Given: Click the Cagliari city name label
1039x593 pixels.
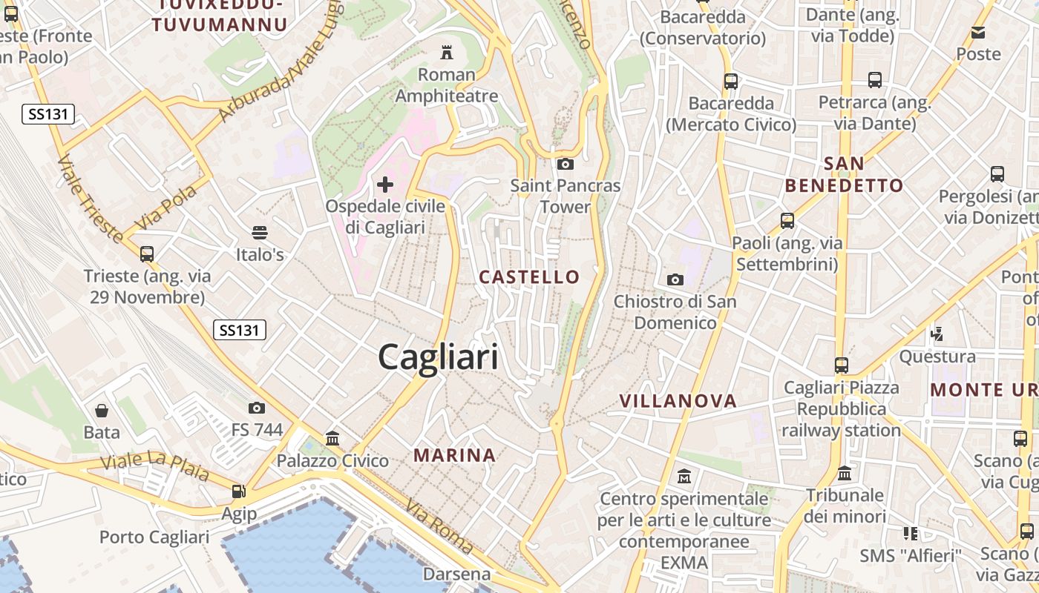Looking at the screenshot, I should point(438,358).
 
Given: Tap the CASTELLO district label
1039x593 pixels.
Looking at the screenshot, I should point(529,277).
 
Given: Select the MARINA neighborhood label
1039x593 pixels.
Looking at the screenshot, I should point(454,455).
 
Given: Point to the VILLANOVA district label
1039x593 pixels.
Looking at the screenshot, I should point(678,401).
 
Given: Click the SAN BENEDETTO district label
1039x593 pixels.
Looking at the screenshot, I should point(844,174).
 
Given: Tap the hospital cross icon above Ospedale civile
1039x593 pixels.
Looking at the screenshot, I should point(385,184).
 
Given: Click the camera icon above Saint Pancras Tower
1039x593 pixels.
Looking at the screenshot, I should point(565,164).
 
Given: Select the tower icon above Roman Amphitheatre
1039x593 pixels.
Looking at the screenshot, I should point(447,53).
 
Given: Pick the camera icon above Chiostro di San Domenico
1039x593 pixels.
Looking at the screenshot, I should point(675,279).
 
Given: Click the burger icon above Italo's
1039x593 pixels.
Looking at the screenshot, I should point(259,233).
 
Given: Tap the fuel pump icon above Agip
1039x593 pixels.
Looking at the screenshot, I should point(238,491).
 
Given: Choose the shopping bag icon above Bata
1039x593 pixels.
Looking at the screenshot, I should point(102,410).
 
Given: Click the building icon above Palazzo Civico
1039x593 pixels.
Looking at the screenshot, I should point(332,438).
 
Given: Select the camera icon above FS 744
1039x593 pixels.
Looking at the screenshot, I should point(257,408).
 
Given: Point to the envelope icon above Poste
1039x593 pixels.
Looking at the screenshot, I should point(978,33).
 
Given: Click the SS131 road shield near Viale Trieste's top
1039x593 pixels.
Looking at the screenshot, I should point(48,114).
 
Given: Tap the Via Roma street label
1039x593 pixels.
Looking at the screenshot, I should point(439,526).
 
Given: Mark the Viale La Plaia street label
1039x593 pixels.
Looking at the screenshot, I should point(154,468).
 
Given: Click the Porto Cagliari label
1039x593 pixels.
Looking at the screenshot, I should point(154,537).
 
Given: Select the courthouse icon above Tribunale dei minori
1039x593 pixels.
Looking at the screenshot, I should point(845,473).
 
